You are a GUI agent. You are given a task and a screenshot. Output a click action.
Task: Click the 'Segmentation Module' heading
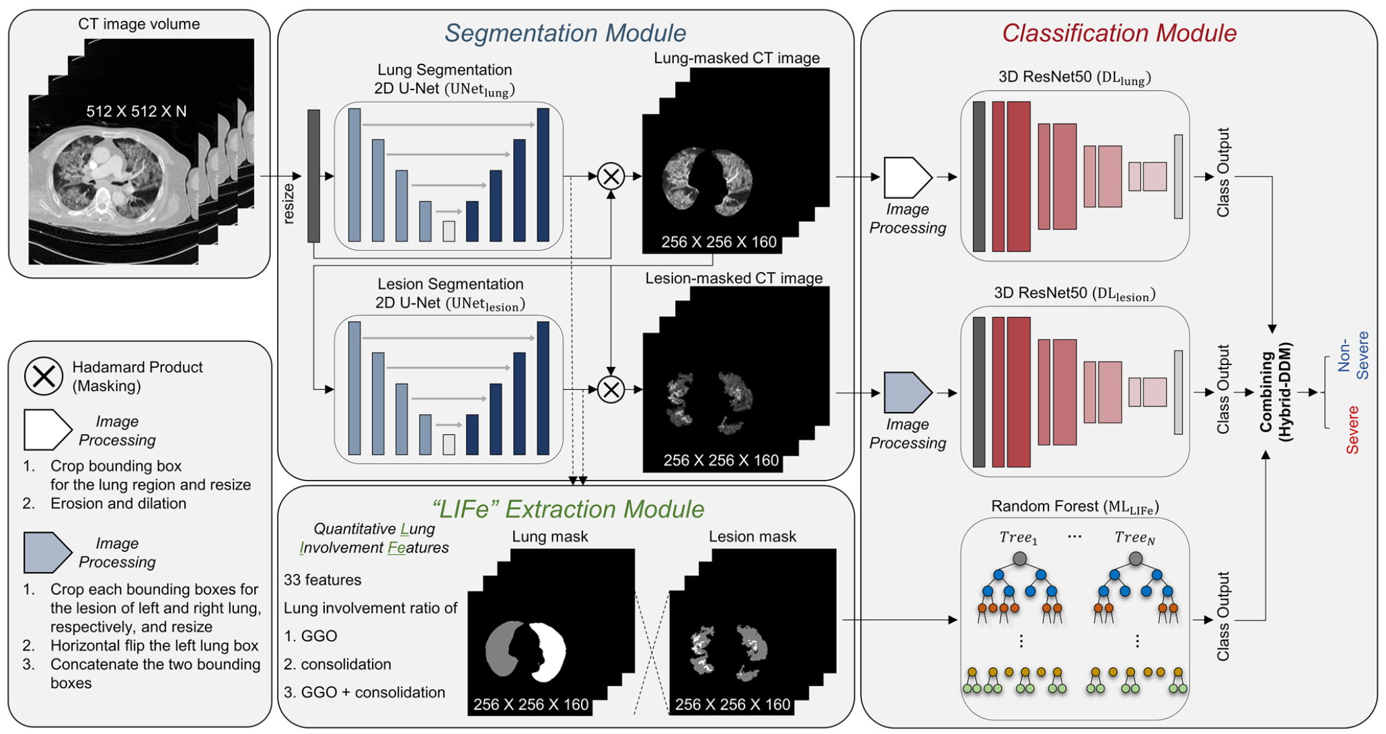(x=565, y=33)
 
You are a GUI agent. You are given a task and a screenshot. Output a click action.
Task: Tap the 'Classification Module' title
(x=1119, y=33)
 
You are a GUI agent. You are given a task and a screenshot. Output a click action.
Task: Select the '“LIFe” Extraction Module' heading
(x=568, y=509)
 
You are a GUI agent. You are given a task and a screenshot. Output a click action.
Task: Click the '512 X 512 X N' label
(x=137, y=112)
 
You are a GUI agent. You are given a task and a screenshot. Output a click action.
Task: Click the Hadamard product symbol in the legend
(x=44, y=376)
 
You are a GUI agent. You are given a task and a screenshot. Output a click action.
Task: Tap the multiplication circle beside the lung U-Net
(x=611, y=177)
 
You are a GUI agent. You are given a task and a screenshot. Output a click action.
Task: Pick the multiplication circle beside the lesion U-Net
(x=611, y=389)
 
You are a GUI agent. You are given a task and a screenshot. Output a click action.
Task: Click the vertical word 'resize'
(x=288, y=203)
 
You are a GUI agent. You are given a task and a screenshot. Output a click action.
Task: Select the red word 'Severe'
(x=1352, y=430)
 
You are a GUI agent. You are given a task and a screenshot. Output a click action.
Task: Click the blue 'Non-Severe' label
(x=1352, y=356)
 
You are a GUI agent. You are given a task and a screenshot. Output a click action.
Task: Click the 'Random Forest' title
(x=1074, y=506)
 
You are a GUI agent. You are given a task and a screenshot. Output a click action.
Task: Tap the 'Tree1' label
(x=1018, y=537)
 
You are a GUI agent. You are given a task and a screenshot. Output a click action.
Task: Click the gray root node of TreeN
(x=1136, y=559)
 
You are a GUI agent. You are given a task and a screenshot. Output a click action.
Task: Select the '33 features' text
(x=322, y=579)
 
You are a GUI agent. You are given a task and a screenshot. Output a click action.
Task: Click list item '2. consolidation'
(x=338, y=664)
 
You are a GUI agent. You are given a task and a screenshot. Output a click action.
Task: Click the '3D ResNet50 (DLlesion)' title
(x=1074, y=294)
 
